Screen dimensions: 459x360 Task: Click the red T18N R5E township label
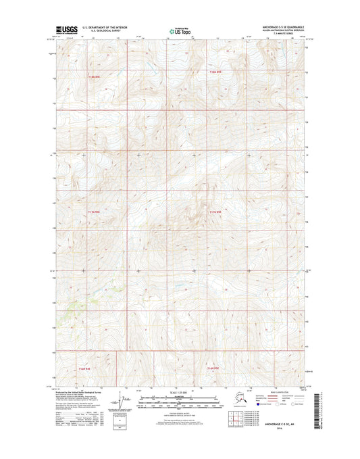215,72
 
